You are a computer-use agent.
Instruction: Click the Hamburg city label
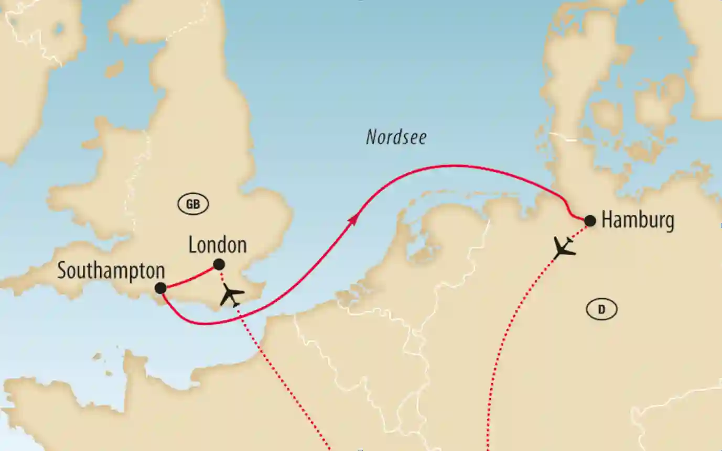pyautogui.click(x=637, y=221)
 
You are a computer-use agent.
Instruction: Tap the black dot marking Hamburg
pyautogui.click(x=590, y=221)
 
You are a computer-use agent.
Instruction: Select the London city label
pyautogui.click(x=217, y=245)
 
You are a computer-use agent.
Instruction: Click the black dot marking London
pyautogui.click(x=219, y=265)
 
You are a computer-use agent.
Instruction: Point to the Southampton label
pyautogui.click(x=111, y=271)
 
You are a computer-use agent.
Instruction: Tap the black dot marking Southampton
pyautogui.click(x=160, y=288)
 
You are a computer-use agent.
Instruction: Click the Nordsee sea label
pyautogui.click(x=396, y=138)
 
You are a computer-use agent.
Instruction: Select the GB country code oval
pyautogui.click(x=193, y=205)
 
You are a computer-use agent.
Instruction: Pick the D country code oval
pyautogui.click(x=601, y=310)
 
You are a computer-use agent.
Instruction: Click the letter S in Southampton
pyautogui.click(x=62, y=271)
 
